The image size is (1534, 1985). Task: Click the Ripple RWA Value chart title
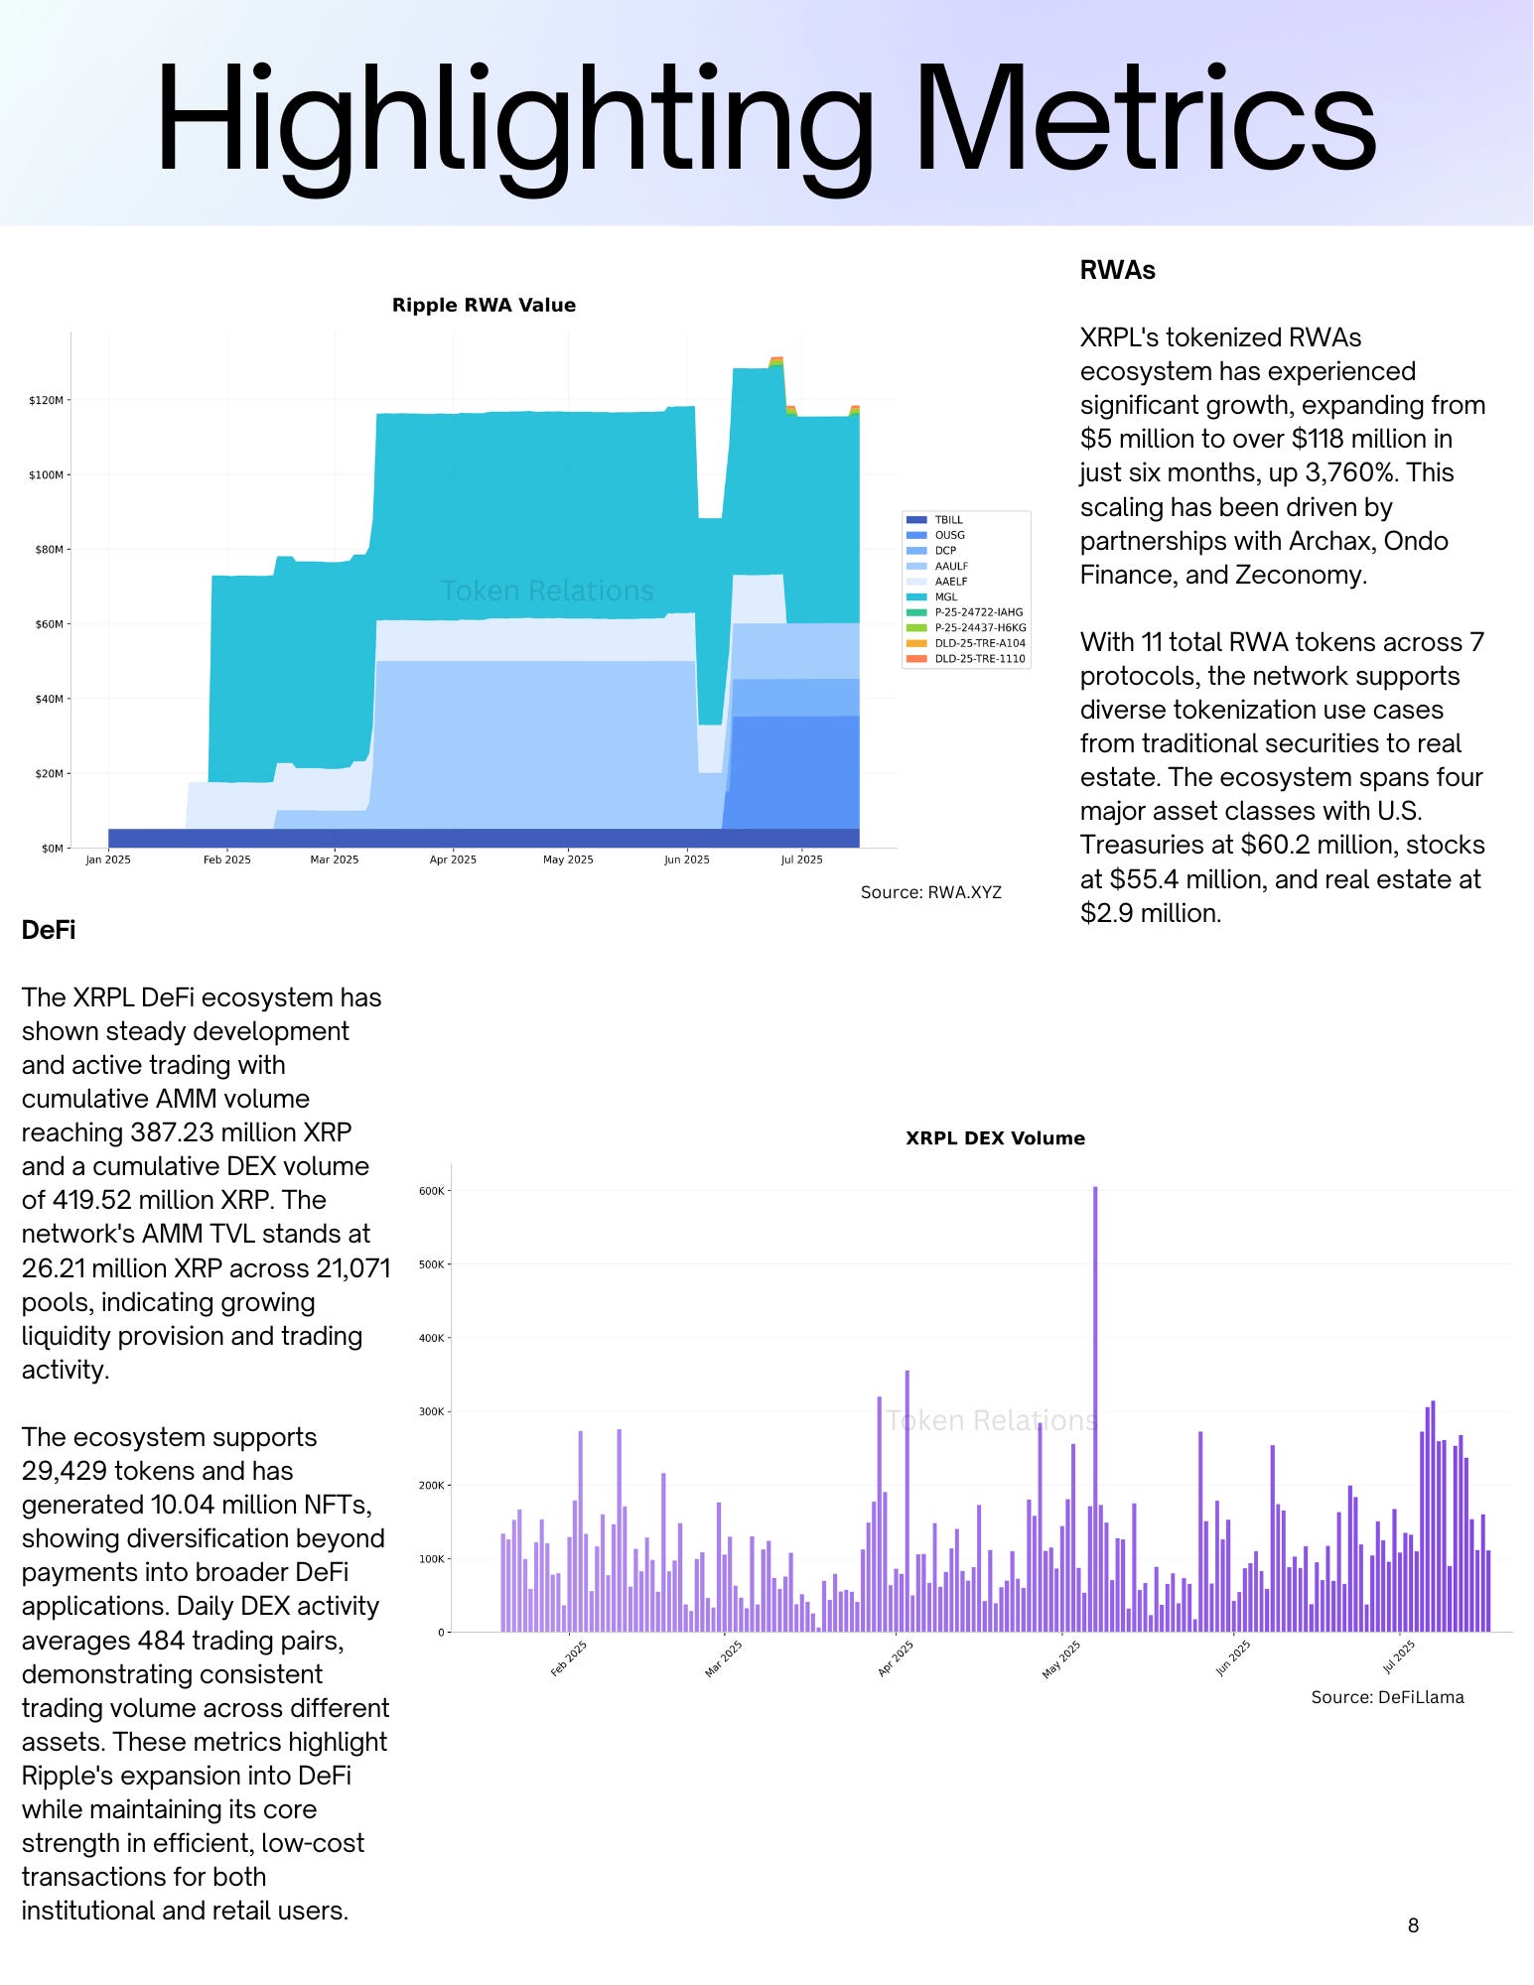click(x=484, y=305)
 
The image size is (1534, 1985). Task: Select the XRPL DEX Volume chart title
click(x=995, y=1138)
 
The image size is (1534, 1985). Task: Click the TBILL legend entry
click(x=948, y=520)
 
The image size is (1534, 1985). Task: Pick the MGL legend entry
click(x=945, y=597)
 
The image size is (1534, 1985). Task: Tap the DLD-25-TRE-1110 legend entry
click(x=979, y=659)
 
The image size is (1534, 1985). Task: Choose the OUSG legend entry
click(x=949, y=535)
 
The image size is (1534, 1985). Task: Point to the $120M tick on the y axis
click(x=47, y=400)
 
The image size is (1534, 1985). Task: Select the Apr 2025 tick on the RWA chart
click(x=453, y=860)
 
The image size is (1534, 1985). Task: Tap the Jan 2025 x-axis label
click(x=108, y=860)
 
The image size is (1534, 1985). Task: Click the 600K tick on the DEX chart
click(x=432, y=1191)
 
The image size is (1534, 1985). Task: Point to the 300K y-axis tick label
click(x=432, y=1411)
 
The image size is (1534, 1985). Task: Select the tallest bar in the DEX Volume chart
click(x=1095, y=1409)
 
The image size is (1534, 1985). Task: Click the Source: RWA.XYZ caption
click(x=930, y=892)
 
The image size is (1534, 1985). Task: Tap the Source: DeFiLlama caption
click(x=1387, y=1697)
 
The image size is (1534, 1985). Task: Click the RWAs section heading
click(x=1117, y=270)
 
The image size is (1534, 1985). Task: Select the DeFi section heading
click(x=49, y=930)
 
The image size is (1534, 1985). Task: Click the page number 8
click(x=1413, y=1925)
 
